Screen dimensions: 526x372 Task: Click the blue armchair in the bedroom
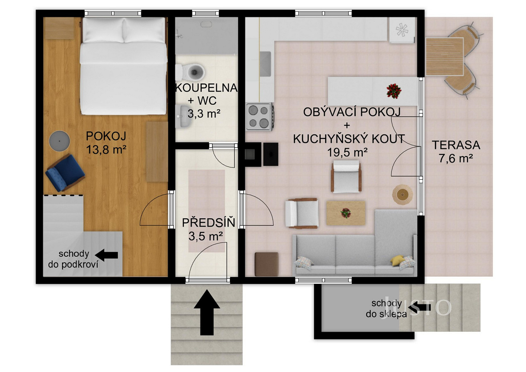click(x=65, y=173)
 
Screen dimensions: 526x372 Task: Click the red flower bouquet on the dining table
click(x=394, y=90)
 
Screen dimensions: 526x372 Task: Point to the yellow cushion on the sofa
click(x=397, y=260)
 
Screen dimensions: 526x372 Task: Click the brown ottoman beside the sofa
click(x=266, y=264)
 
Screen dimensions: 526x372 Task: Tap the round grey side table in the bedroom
click(x=60, y=141)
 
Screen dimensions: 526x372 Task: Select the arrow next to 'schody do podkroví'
click(x=107, y=255)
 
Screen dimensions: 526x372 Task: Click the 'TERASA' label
click(x=456, y=145)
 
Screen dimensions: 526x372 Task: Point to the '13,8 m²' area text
click(x=106, y=150)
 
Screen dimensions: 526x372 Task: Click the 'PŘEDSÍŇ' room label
click(x=209, y=222)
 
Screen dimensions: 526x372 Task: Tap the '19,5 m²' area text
click(x=347, y=153)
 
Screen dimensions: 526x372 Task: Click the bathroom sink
click(x=183, y=116)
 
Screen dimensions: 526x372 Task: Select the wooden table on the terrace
click(x=445, y=57)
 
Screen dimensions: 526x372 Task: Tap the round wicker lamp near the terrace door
click(x=402, y=195)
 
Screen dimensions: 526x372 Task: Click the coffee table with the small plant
click(x=346, y=213)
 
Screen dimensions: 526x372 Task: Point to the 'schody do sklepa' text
click(x=386, y=309)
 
